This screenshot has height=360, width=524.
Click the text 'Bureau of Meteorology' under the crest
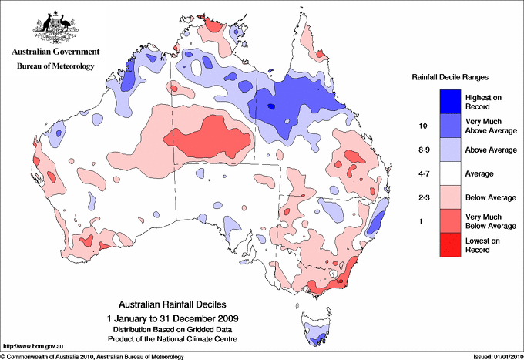tap(55, 66)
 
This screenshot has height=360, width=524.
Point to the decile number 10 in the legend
tap(421, 126)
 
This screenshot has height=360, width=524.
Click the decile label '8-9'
tap(421, 150)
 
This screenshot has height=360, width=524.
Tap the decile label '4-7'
tap(421, 174)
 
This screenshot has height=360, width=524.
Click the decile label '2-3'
tap(421, 198)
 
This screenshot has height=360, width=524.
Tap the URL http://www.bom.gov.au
tap(27, 346)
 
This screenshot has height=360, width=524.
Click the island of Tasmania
tap(317, 328)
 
